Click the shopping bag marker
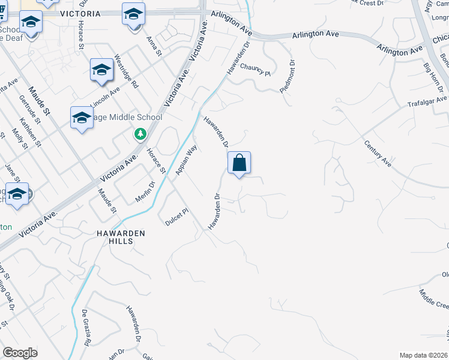[239, 163]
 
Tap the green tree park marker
[140, 134]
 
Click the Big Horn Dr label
[432, 76]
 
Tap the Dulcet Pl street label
[177, 217]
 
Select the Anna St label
[155, 46]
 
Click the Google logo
[20, 352]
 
